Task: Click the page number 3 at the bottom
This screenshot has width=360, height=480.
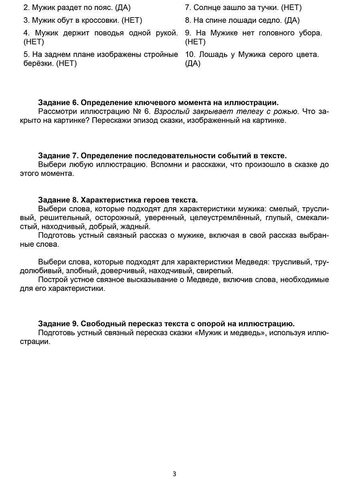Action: click(x=174, y=474)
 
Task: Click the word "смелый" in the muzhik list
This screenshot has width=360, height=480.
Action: click(x=282, y=209)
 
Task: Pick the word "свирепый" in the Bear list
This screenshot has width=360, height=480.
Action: click(x=216, y=271)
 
